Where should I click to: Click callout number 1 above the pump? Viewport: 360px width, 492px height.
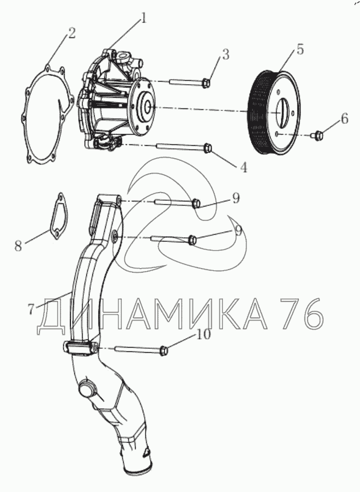[144, 19]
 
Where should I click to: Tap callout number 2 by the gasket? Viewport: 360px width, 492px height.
[71, 33]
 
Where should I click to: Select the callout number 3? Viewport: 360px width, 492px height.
[225, 54]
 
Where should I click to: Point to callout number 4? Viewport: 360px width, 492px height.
[243, 167]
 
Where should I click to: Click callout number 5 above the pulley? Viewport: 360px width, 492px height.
[300, 50]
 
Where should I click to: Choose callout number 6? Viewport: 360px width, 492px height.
[344, 119]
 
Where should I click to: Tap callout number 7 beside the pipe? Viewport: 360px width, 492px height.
[31, 309]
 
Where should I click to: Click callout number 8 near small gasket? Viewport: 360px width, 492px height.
[18, 245]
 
